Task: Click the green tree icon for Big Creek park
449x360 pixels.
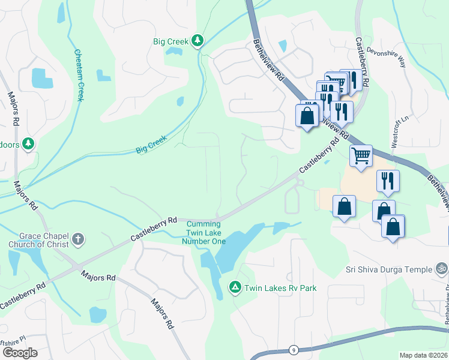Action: pyautogui.click(x=197, y=41)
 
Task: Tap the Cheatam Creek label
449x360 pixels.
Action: pyautogui.click(x=79, y=74)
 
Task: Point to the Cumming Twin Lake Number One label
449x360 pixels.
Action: pyautogui.click(x=204, y=232)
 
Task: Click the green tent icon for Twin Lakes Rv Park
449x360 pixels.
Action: pyautogui.click(x=235, y=288)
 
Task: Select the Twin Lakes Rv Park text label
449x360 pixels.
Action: pyautogui.click(x=280, y=289)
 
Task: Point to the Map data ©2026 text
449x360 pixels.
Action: pyautogui.click(x=423, y=355)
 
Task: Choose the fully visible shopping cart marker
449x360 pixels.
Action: pyautogui.click(x=361, y=156)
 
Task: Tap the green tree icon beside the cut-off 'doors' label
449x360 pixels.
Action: pyautogui.click(x=28, y=144)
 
